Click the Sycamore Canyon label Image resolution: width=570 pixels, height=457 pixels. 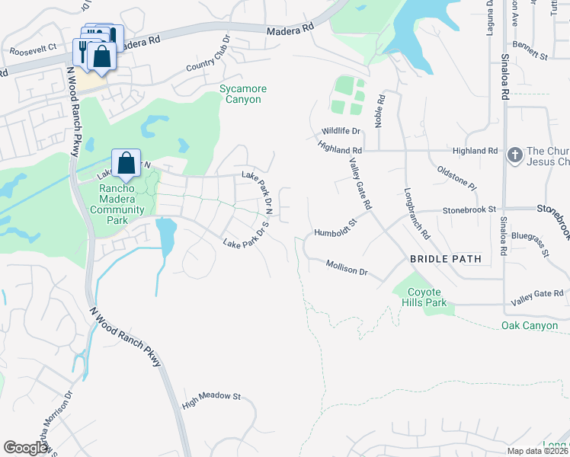tap(241, 94)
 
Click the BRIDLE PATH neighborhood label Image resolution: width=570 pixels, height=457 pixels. tap(446, 259)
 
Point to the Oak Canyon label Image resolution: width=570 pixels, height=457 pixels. tap(530, 326)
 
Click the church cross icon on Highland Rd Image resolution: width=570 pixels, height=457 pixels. tap(515, 155)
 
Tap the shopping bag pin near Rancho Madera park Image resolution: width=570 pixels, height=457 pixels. tap(126, 163)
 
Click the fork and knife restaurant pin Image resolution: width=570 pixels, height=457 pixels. tap(83, 51)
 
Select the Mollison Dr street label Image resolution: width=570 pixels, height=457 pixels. tap(347, 267)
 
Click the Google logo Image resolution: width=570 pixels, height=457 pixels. tap(26, 448)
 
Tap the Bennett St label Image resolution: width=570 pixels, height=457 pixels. tap(530, 51)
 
